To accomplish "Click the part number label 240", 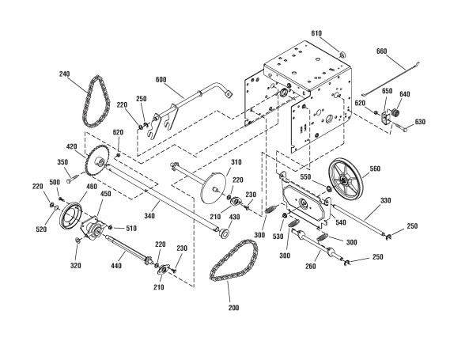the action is pos(64,74).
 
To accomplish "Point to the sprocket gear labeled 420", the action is pos(97,161).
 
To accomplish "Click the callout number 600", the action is pos(161,80).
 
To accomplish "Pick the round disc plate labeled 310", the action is pos(214,188).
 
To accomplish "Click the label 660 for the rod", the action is pos(381,51).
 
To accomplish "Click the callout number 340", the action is pos(149,216).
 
